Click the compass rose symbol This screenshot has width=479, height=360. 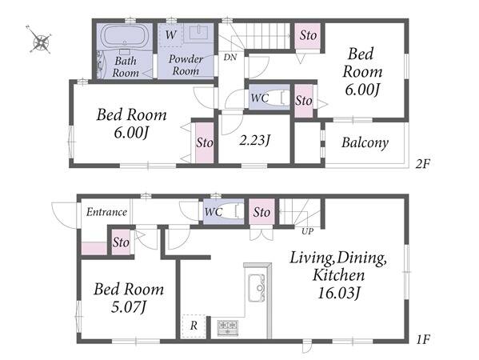(x=40, y=41)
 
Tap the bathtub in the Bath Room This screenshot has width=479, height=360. (x=125, y=36)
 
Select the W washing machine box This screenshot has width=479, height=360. (x=170, y=34)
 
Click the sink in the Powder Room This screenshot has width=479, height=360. (x=198, y=32)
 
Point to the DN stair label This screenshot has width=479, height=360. (x=230, y=57)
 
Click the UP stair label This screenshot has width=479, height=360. (x=308, y=232)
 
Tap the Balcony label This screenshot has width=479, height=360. (x=365, y=142)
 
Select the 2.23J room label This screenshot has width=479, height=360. (x=255, y=141)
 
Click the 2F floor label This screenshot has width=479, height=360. (x=423, y=164)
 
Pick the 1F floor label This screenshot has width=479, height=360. (x=423, y=339)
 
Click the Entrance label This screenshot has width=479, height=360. (x=106, y=212)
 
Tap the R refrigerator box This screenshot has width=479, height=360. (x=194, y=326)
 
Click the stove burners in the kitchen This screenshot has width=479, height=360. (x=228, y=328)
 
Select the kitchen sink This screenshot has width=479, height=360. (x=257, y=288)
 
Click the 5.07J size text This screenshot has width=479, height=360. (x=128, y=307)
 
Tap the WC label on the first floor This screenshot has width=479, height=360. (x=214, y=212)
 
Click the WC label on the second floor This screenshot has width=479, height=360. (x=260, y=98)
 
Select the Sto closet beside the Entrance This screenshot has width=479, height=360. (x=121, y=242)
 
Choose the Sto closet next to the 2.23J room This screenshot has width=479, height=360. (x=205, y=142)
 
